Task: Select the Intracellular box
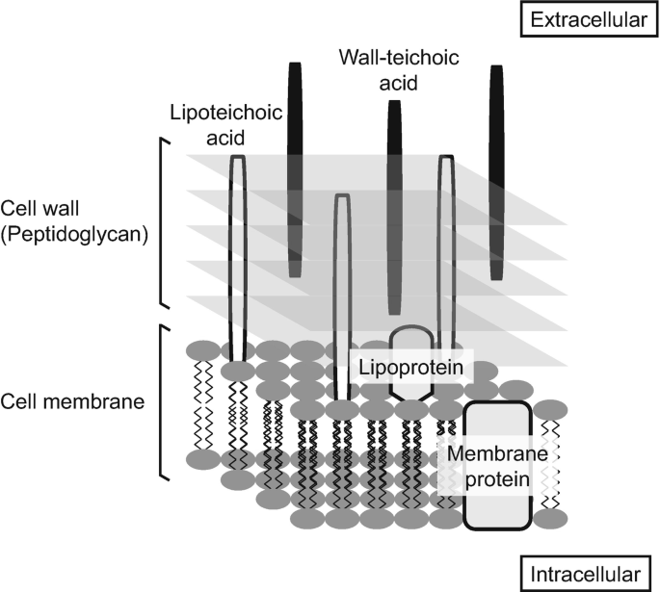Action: [x=587, y=574]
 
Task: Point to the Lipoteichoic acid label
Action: [x=224, y=124]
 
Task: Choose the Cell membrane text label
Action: [x=73, y=400]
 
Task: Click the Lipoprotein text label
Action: [x=407, y=369]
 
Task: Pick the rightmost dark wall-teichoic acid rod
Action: [x=496, y=173]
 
